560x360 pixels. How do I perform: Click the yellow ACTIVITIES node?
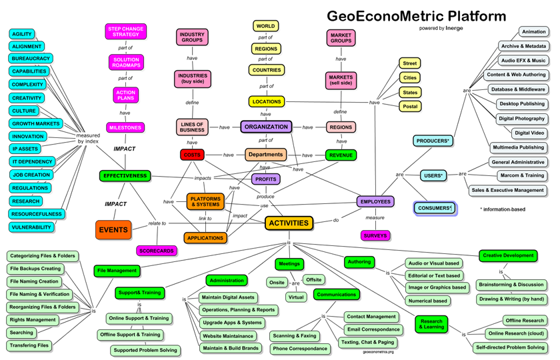click(x=289, y=223)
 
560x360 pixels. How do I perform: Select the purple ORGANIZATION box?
click(x=266, y=127)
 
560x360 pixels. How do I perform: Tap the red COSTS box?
click(x=192, y=155)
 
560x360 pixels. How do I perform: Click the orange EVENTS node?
click(x=113, y=230)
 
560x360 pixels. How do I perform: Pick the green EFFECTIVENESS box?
click(x=124, y=176)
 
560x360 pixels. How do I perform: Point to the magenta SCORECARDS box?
click(x=157, y=251)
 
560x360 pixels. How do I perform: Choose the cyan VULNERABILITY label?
click(x=31, y=227)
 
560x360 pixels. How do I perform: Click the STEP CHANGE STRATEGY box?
click(x=125, y=31)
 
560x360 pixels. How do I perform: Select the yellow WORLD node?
click(x=265, y=27)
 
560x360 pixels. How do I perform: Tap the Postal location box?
click(x=410, y=107)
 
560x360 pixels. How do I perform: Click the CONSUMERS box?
click(x=435, y=208)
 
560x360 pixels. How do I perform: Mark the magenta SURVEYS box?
click(x=375, y=235)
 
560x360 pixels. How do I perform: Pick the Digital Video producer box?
click(x=529, y=133)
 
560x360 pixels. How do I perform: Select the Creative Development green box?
click(x=508, y=255)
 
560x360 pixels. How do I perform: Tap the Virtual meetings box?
click(x=296, y=297)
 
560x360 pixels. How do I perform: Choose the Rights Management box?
click(x=33, y=320)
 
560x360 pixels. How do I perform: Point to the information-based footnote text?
click(x=503, y=209)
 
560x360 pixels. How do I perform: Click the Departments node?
click(x=265, y=155)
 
